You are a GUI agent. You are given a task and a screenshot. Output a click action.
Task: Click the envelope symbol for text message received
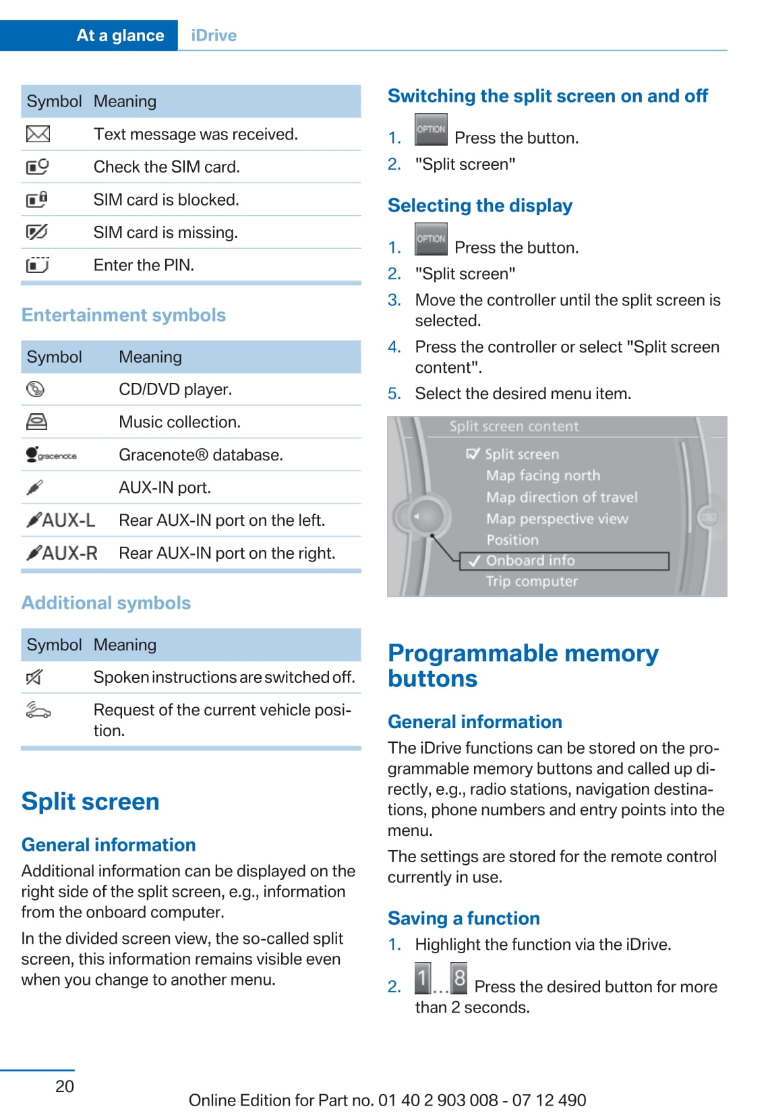point(38,134)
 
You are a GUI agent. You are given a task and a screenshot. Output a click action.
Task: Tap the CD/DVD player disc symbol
point(35,389)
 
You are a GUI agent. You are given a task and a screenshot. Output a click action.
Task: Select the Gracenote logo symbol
point(51,455)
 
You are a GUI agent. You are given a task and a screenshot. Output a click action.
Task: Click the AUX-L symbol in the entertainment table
point(61,520)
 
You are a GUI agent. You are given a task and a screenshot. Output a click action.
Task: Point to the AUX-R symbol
point(62,553)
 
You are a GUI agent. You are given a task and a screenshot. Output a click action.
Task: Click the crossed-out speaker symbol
point(34,677)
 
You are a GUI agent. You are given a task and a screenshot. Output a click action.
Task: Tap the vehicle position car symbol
point(38,710)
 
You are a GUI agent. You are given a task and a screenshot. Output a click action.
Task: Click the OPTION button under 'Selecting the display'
point(431,239)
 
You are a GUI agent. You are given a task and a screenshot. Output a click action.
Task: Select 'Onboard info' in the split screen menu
point(530,561)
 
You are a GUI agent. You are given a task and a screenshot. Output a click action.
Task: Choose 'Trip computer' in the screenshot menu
point(532,581)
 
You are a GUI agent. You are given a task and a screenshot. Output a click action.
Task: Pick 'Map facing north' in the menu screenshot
point(543,475)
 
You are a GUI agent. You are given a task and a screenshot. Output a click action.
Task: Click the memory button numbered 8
point(459,977)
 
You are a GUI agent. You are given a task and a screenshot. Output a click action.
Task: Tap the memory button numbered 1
point(423,977)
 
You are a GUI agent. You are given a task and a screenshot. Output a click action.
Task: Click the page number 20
point(65,1086)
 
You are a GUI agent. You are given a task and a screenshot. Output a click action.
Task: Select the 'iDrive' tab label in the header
point(214,36)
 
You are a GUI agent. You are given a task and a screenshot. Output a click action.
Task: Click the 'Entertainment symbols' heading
point(123,315)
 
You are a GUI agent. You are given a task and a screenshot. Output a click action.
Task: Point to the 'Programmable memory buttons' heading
point(523,665)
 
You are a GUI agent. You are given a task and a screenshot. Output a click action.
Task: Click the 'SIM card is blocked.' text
point(166,200)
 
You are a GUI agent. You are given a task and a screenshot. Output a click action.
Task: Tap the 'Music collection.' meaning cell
point(179,422)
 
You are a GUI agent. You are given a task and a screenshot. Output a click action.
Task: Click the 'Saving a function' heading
point(464,918)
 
